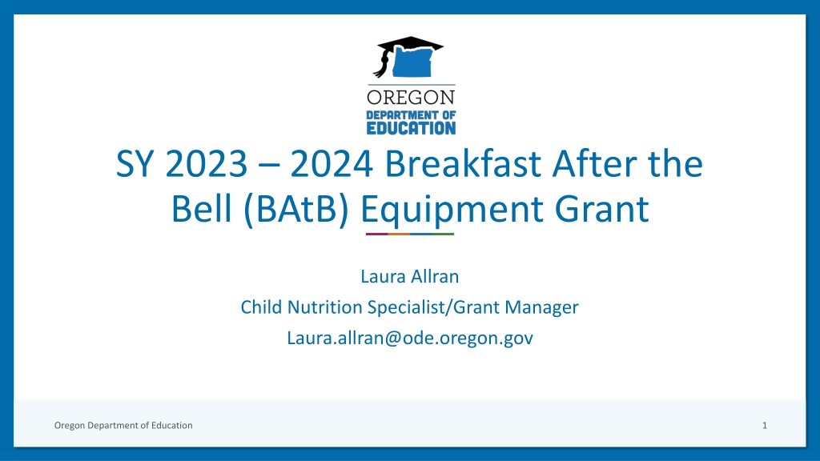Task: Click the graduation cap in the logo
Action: point(411,44)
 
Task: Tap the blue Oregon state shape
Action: point(412,62)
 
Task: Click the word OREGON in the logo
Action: point(411,97)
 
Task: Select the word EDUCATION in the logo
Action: point(411,128)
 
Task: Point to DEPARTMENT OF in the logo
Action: point(411,115)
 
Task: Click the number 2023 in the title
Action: point(206,163)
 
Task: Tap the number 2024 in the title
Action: point(332,163)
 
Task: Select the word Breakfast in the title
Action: point(463,163)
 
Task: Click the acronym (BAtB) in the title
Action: point(296,209)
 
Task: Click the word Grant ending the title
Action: point(602,209)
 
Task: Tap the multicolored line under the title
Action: point(410,235)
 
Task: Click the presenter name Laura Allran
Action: point(410,276)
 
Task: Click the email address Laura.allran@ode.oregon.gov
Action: point(410,339)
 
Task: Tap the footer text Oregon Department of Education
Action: point(123,426)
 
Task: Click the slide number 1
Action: point(765,426)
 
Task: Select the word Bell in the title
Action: point(201,209)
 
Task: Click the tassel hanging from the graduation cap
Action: point(382,64)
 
